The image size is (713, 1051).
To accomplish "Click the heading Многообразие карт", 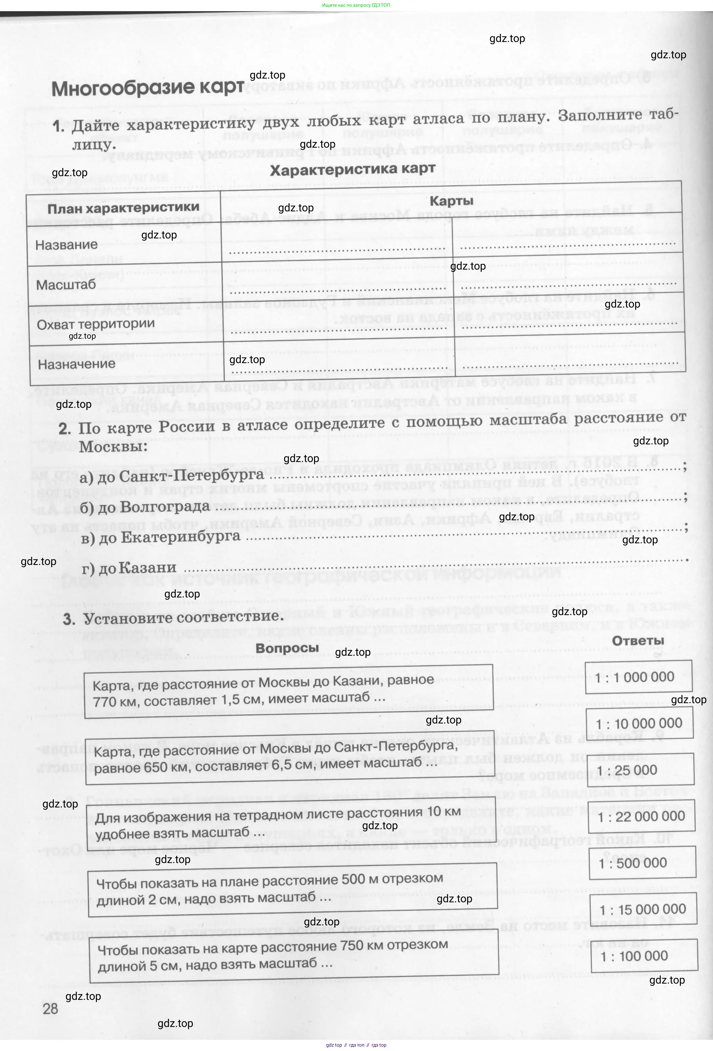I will pyautogui.click(x=147, y=88).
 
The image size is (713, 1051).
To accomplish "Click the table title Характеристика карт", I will pyautogui.click(x=352, y=169).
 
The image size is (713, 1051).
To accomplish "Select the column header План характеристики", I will pyautogui.click(x=123, y=208).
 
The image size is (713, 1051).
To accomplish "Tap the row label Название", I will pyautogui.click(x=66, y=245).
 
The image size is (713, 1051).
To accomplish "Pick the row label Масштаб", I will pyautogui.click(x=66, y=285).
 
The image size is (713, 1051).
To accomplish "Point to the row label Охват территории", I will pyautogui.click(x=96, y=324).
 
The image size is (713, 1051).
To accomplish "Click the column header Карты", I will pyautogui.click(x=451, y=201).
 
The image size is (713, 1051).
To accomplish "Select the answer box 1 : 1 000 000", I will pyautogui.click(x=638, y=677).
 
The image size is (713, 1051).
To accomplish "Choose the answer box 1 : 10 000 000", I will pyautogui.click(x=639, y=723).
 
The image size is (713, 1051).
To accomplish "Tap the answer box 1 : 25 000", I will pyautogui.click(x=640, y=770).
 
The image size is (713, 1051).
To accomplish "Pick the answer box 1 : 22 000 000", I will pyautogui.click(x=641, y=816).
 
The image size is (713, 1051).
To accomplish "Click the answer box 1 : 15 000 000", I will pyautogui.click(x=643, y=909).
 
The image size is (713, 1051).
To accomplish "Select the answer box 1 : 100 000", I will pyautogui.click(x=644, y=956).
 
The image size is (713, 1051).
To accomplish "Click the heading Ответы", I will pyautogui.click(x=637, y=641).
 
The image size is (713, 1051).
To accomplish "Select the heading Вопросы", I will pyautogui.click(x=287, y=648).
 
